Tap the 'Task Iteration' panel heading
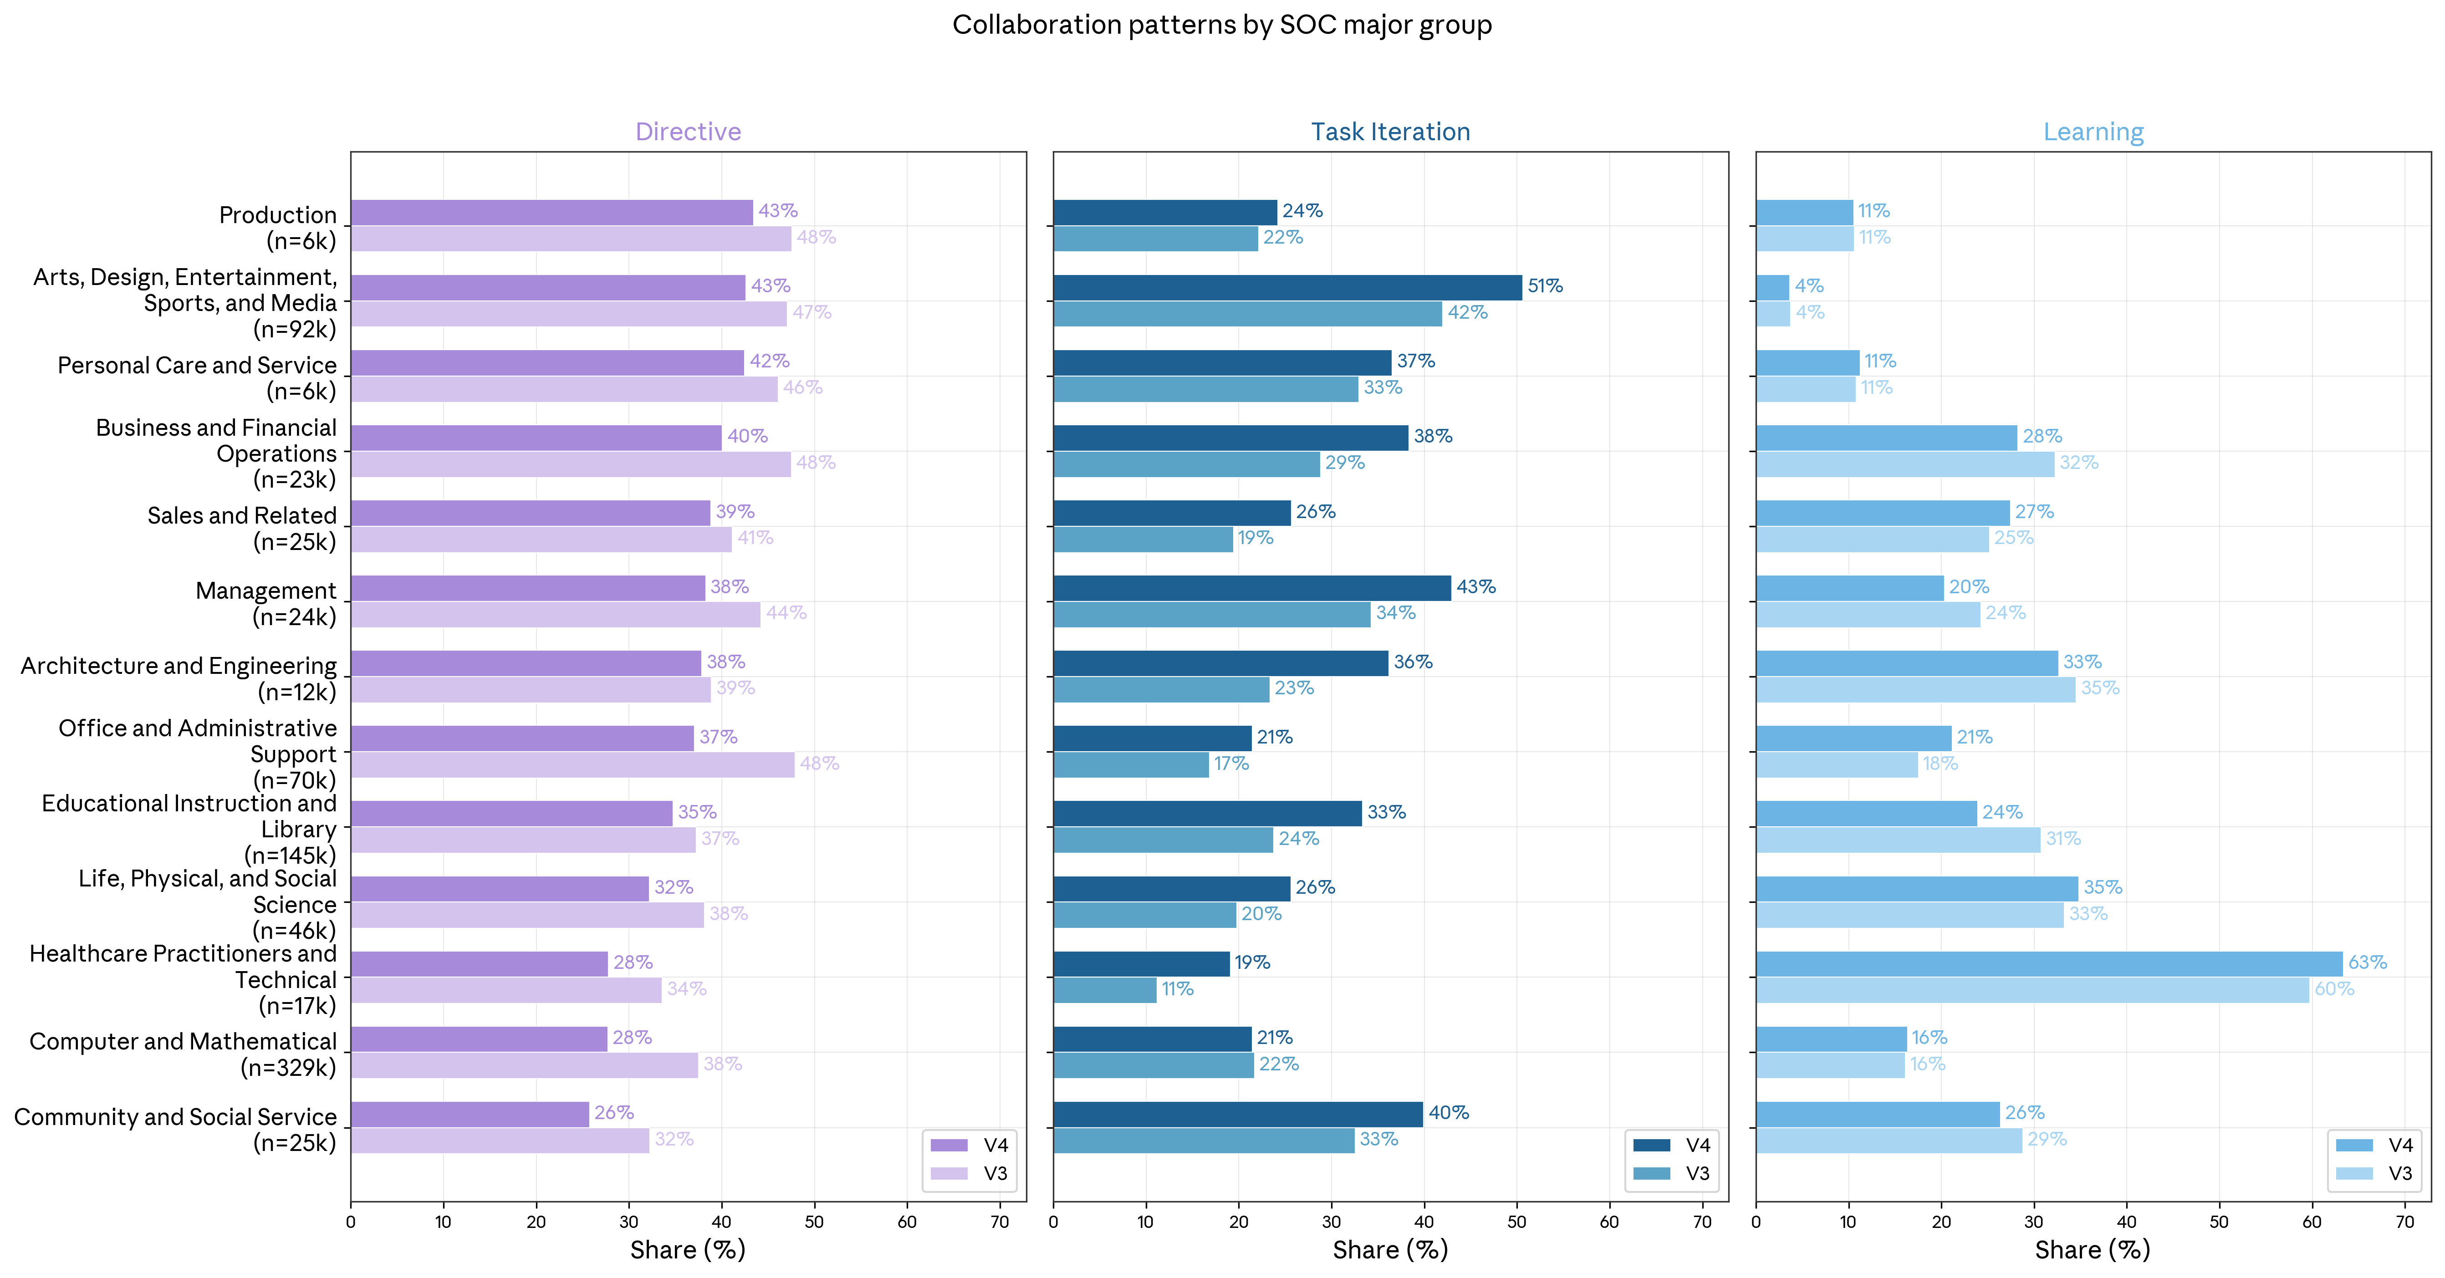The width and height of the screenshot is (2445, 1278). (x=1390, y=132)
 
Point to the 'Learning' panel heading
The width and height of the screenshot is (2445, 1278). (x=2093, y=132)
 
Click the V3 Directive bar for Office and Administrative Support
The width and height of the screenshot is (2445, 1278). (x=572, y=765)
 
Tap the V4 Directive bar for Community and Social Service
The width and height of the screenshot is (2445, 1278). (x=470, y=1114)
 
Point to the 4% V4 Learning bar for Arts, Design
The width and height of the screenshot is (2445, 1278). (x=1772, y=287)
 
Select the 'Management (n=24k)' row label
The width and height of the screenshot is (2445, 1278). (x=266, y=603)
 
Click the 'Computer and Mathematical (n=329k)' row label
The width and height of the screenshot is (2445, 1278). (x=183, y=1054)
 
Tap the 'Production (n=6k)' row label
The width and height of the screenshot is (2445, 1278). (x=278, y=228)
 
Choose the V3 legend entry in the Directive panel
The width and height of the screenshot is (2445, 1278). (x=968, y=1174)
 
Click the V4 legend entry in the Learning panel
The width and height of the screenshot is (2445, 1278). (x=2373, y=1145)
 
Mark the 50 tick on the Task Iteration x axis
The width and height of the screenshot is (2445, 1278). (x=1517, y=1222)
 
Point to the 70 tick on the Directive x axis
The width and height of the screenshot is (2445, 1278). (x=1000, y=1222)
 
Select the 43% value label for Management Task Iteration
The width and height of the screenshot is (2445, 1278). (x=1476, y=587)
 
